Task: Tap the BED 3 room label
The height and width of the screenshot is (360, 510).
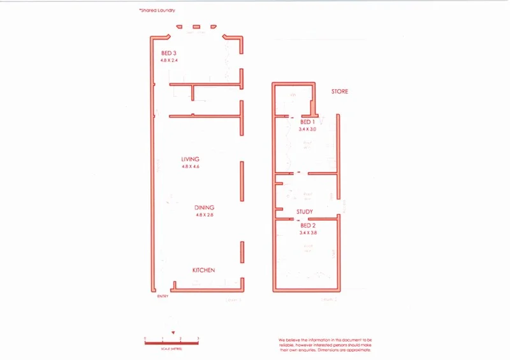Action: [169, 53]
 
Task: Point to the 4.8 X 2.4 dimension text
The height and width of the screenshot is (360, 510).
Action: [170, 61]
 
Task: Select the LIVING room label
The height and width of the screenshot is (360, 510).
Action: [190, 159]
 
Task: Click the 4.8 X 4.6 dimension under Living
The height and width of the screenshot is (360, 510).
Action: [190, 167]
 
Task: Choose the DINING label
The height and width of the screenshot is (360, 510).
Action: [205, 208]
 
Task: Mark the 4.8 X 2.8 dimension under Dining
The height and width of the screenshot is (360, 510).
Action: [205, 215]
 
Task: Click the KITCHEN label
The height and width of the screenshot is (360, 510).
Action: [204, 271]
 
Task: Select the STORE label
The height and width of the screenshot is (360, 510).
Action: [340, 92]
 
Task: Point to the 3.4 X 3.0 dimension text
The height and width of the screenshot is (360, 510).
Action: [308, 129]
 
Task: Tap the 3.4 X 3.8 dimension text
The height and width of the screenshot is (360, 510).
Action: [308, 233]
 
